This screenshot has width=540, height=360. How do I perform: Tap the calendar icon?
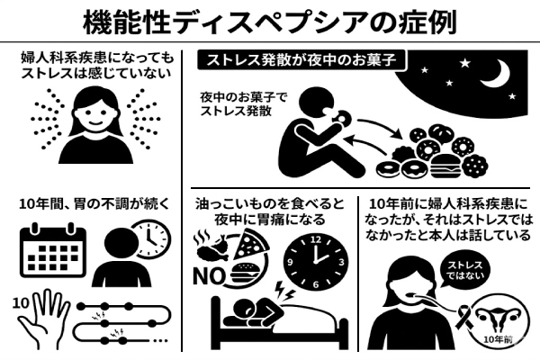(x=53, y=250)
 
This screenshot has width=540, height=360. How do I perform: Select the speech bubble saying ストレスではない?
(x=464, y=271)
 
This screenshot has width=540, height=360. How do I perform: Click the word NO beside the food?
(x=209, y=276)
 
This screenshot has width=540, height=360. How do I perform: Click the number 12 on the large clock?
(x=316, y=239)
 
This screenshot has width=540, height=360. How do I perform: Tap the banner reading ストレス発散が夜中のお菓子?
(x=301, y=60)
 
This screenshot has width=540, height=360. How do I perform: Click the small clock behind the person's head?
(x=151, y=239)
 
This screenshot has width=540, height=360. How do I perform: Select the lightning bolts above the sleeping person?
(x=285, y=291)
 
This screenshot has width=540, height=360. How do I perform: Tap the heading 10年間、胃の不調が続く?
(x=95, y=204)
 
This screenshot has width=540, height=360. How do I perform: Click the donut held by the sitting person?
(x=341, y=118)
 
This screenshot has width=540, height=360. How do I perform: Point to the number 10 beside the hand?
(x=21, y=303)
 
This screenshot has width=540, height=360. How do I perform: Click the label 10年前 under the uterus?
(x=498, y=340)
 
